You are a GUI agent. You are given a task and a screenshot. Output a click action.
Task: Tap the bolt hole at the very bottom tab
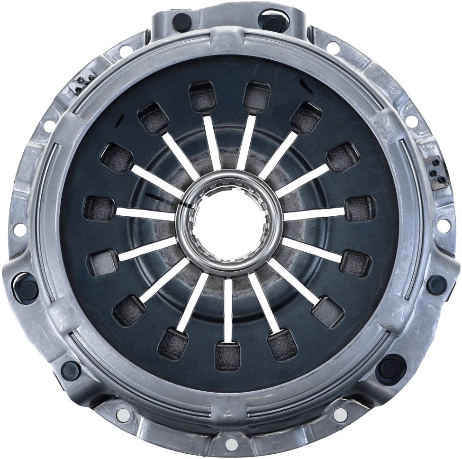pyautogui.click(x=231, y=445)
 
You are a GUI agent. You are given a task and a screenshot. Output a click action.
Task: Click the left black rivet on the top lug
pyautogui.click(x=181, y=21)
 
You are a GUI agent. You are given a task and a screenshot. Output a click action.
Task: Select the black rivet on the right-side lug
pyautogui.click(x=436, y=285)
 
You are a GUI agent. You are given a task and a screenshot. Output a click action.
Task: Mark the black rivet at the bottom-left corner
pyautogui.click(x=71, y=369)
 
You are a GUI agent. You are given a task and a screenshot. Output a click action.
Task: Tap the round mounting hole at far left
pyautogui.click(x=19, y=229)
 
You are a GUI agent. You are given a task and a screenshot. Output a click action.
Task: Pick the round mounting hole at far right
pyautogui.click(x=444, y=226)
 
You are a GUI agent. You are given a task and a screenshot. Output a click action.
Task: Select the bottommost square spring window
pyautogui.click(x=228, y=355)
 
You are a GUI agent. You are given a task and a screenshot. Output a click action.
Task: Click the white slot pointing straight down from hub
pyautogui.click(x=228, y=308)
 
